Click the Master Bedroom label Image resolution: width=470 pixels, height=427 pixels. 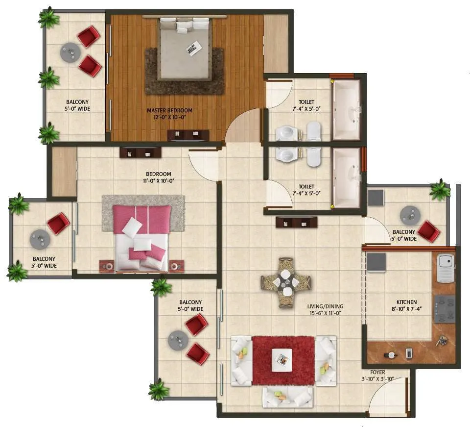(169, 110)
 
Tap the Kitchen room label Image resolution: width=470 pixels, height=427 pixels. (406, 302)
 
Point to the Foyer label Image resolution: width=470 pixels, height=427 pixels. (377, 372)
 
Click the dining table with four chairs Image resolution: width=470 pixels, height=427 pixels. (286, 282)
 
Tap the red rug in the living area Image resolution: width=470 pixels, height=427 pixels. (283, 360)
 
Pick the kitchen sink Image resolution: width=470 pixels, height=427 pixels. (445, 268)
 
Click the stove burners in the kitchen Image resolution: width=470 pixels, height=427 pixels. (444, 309)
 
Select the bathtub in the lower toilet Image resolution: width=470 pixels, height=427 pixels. (346, 177)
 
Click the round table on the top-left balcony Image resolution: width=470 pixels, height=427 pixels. (70, 52)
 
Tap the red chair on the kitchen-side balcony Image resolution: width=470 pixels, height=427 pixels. (429, 231)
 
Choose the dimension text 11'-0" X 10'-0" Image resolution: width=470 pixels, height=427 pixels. (158, 181)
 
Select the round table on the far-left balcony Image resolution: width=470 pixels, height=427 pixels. (40, 240)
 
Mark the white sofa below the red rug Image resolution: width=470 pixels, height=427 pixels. (287, 397)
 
